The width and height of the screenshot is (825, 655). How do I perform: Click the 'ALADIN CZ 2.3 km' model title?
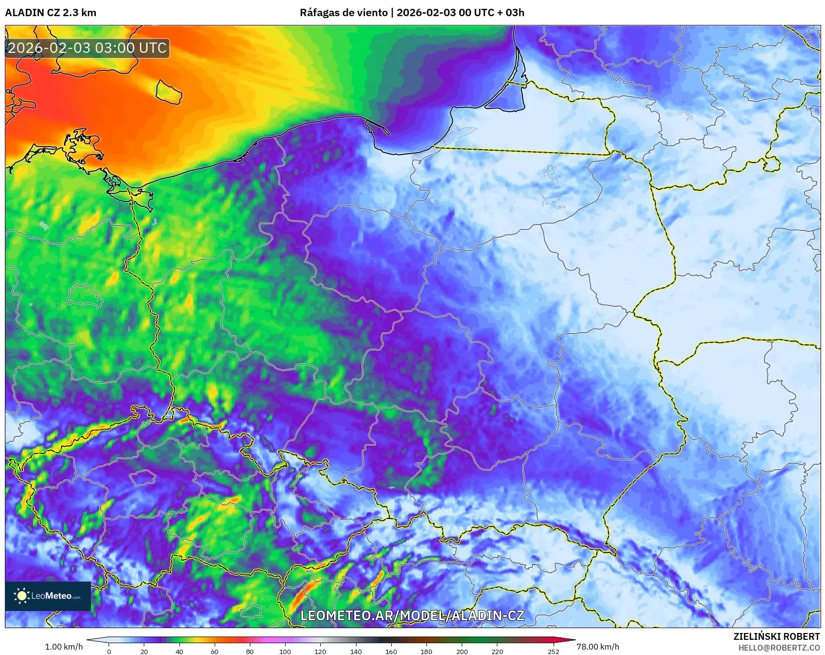(x=50, y=13)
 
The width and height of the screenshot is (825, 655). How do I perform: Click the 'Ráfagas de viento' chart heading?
(x=343, y=13)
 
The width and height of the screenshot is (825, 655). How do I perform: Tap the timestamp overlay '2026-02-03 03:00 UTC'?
(x=87, y=48)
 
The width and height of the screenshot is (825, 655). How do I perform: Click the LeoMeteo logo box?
(x=48, y=596)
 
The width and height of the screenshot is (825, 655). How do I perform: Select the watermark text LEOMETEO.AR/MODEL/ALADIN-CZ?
(x=412, y=615)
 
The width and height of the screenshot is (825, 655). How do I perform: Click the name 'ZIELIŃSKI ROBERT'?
(x=776, y=636)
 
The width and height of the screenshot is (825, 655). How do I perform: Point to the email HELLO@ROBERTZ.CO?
(x=779, y=648)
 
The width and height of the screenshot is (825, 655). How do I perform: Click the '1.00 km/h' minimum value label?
(x=64, y=647)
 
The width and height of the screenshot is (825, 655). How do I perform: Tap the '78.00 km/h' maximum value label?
(x=598, y=647)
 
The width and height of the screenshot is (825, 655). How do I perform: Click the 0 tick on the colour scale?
(x=109, y=651)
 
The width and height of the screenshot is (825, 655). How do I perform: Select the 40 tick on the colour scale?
(x=179, y=651)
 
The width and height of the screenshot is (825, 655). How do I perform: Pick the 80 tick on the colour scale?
(x=250, y=651)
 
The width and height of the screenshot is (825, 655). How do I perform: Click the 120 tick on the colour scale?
(x=320, y=651)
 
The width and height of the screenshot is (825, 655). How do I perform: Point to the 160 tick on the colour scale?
(x=391, y=651)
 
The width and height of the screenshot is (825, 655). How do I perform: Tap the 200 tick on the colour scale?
(x=462, y=651)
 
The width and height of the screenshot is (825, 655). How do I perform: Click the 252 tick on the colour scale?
(x=554, y=651)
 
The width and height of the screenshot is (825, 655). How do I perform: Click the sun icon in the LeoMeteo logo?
(x=22, y=596)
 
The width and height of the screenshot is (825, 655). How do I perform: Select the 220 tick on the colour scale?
(x=497, y=651)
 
